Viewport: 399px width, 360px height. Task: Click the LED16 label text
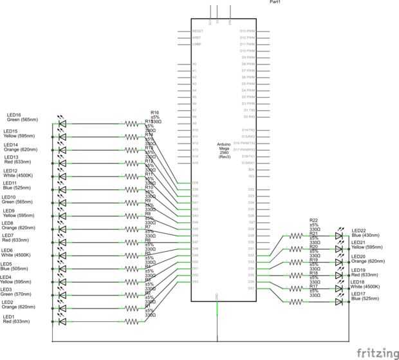click(14, 115)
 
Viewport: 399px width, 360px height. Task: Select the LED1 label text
click(9, 317)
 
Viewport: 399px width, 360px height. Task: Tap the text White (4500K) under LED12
click(18, 175)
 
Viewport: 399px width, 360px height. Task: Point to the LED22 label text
click(358, 231)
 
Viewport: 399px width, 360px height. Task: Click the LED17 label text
click(358, 294)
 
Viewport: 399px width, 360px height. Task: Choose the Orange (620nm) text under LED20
click(367, 261)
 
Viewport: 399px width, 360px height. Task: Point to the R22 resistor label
click(314, 220)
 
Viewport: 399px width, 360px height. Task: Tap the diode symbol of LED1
click(62, 321)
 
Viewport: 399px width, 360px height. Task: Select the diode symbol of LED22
click(339, 236)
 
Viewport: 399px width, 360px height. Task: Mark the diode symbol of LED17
click(339, 301)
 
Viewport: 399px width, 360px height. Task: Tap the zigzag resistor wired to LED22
click(295, 236)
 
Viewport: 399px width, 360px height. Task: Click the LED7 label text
click(9, 236)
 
